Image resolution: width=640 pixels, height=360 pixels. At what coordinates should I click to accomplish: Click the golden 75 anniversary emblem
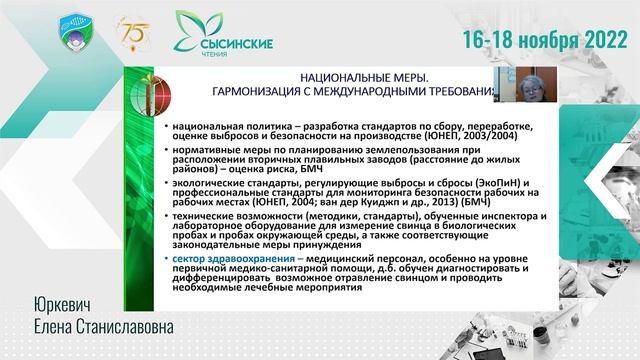click(x=133, y=32)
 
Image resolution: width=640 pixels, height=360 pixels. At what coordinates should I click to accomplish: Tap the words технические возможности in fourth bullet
click(x=223, y=215)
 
